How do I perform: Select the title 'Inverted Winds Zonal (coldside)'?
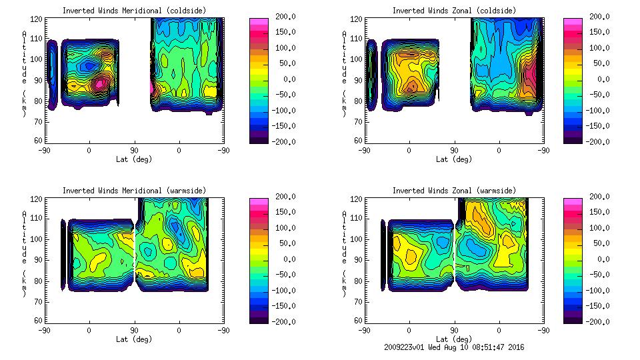(454, 11)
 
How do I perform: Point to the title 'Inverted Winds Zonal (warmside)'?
(454, 191)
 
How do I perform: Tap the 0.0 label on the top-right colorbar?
(599, 79)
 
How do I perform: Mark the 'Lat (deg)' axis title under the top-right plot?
(454, 159)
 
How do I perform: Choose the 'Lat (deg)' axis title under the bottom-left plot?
(133, 339)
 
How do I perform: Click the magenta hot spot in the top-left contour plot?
(99, 84)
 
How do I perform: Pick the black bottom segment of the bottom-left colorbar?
(258, 319)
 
